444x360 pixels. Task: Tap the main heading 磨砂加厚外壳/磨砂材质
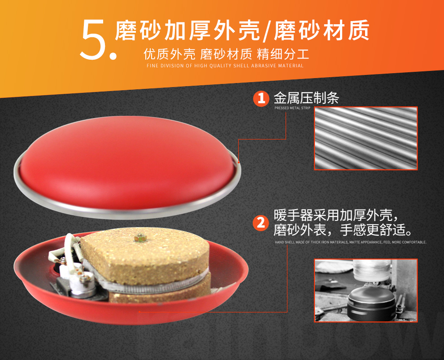click(x=242, y=31)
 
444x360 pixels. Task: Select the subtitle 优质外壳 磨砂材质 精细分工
click(x=226, y=55)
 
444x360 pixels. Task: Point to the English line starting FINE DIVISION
click(x=225, y=66)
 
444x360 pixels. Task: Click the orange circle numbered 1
click(x=261, y=98)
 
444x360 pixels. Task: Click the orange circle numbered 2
click(x=261, y=223)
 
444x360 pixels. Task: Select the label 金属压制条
click(x=306, y=98)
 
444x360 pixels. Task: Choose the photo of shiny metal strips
click(x=366, y=138)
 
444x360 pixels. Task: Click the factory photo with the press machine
click(x=366, y=290)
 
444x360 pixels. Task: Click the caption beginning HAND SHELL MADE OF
click(x=350, y=242)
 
